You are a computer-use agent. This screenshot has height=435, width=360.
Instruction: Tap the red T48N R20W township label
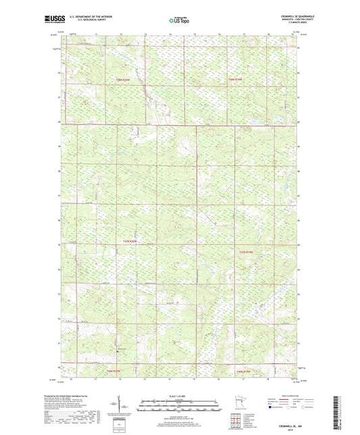(122, 80)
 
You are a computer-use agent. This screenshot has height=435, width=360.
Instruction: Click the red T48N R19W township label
(234, 80)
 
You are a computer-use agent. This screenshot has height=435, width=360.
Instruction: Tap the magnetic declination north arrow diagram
(124, 407)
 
